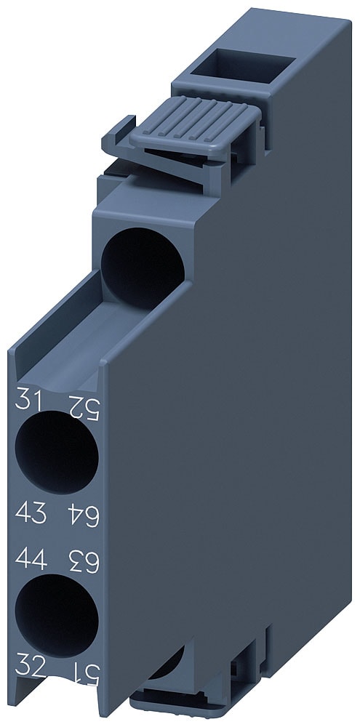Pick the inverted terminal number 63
point(82,561)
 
